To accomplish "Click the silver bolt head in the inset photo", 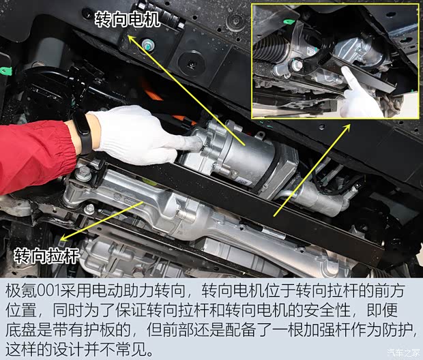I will point(297,66).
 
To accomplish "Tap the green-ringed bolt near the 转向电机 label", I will point(149,46).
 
